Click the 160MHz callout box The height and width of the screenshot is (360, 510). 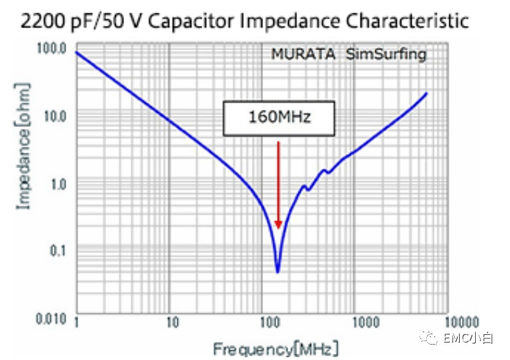pos(279,118)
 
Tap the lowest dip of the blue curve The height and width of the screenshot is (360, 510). pos(278,271)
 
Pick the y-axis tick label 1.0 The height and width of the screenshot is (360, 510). pos(58,184)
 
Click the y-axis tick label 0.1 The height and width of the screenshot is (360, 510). pos(59,250)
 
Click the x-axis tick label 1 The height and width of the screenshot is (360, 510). pos(76,322)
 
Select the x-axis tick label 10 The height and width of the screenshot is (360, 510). pos(172,322)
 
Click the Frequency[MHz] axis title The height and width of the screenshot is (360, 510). pos(276,348)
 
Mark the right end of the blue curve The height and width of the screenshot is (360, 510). pos(426,93)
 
